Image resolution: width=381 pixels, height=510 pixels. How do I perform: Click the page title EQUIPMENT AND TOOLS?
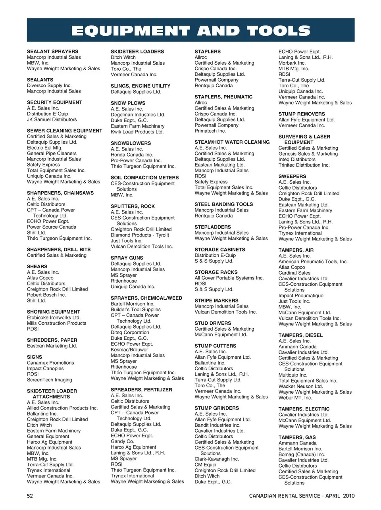(190, 31)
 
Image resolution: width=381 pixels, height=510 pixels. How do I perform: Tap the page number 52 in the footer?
(30, 496)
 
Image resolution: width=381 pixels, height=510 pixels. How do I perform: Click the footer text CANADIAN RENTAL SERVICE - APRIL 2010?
(302, 496)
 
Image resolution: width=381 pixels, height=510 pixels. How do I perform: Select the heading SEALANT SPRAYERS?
(52, 52)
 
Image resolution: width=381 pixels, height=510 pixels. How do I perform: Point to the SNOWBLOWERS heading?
(131, 143)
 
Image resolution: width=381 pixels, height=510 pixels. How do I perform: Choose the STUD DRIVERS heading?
(213, 323)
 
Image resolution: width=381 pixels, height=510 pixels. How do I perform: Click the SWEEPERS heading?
(292, 177)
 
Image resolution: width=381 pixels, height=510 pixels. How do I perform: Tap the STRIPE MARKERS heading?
(216, 301)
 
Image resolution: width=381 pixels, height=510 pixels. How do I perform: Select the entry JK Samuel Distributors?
(52, 119)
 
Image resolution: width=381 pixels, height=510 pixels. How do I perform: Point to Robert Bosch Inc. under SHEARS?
(46, 295)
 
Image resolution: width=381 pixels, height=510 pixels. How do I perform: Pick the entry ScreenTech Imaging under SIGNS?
(49, 380)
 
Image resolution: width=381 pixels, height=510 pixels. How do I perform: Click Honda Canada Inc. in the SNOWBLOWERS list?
(132, 155)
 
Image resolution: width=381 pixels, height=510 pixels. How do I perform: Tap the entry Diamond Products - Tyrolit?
(140, 235)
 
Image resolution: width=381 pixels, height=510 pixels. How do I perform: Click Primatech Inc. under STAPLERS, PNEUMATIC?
(210, 131)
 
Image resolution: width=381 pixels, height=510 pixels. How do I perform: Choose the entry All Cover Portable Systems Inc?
(229, 278)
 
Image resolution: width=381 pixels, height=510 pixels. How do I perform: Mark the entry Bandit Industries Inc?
(217, 425)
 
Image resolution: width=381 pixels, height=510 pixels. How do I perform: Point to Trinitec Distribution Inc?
(304, 165)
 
